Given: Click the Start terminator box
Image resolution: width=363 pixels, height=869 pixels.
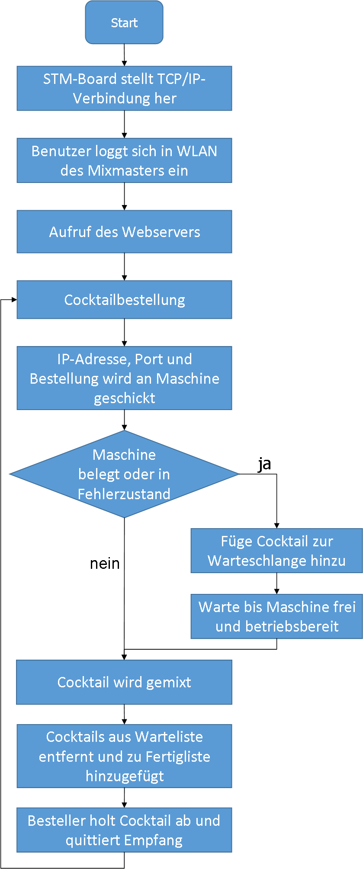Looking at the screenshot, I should coord(124,22).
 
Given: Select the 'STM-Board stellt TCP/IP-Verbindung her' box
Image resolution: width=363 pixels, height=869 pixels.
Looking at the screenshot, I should coord(124,88).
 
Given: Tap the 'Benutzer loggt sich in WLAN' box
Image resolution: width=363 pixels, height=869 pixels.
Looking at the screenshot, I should coord(124,160).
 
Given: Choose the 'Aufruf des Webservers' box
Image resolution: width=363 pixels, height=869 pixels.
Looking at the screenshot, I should coord(124,232).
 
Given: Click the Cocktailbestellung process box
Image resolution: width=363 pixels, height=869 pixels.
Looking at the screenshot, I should coord(124,300).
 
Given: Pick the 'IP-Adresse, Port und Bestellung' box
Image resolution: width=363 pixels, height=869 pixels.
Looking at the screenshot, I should coord(124,378).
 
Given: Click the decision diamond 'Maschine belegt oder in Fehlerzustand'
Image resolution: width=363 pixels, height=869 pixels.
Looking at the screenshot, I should coord(124,474).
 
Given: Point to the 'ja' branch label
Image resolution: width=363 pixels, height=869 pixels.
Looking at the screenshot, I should coord(264,464).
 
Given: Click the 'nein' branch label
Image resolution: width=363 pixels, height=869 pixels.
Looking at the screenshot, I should coord(105,564).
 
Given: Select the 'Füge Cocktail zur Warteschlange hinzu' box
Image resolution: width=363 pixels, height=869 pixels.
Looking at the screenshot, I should coord(276,551).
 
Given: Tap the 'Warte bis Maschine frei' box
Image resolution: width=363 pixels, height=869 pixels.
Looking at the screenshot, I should coord(276,616).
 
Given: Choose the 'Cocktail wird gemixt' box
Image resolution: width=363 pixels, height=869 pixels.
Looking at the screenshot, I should coord(124,682).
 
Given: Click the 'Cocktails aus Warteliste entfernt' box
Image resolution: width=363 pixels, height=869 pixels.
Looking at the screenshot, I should coord(124,756).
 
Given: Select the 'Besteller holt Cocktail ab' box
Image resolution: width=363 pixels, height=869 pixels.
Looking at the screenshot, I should coord(124,830).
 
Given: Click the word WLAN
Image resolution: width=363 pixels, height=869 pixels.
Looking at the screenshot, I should coord(197,151).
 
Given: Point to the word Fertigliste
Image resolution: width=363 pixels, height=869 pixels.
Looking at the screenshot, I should coord(178,757).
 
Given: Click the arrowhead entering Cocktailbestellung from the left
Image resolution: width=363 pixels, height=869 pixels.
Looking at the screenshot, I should coord(14,299).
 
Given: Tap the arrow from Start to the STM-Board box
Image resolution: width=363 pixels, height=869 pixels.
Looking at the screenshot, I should coord(124,55).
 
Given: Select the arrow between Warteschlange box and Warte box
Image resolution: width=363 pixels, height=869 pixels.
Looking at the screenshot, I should coord(276,584).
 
